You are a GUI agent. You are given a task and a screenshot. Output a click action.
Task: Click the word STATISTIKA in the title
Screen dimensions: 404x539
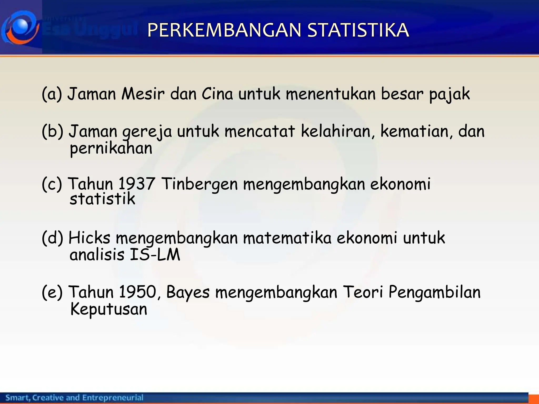pos(358,30)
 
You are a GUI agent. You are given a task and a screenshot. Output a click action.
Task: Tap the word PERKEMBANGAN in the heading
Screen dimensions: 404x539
pos(224,30)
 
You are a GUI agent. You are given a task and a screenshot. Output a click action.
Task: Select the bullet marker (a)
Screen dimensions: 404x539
pos(52,94)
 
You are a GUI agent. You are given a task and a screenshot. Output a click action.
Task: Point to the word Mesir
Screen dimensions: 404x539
pos(143,94)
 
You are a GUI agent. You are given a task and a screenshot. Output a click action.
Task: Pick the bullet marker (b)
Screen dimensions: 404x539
pos(52,131)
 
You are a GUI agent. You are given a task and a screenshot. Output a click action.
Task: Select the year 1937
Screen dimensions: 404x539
pos(136,184)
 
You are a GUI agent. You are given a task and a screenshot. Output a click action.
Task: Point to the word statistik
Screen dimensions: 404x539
pos(102,199)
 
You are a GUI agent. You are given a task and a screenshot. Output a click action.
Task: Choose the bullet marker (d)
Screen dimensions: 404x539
pos(52,238)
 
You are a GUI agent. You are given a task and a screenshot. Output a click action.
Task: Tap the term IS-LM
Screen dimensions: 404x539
pos(155,255)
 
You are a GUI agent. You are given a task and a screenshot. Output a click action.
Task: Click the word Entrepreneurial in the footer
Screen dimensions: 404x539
pos(113,397)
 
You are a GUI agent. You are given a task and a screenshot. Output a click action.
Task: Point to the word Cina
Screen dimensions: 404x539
pos(217,94)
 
